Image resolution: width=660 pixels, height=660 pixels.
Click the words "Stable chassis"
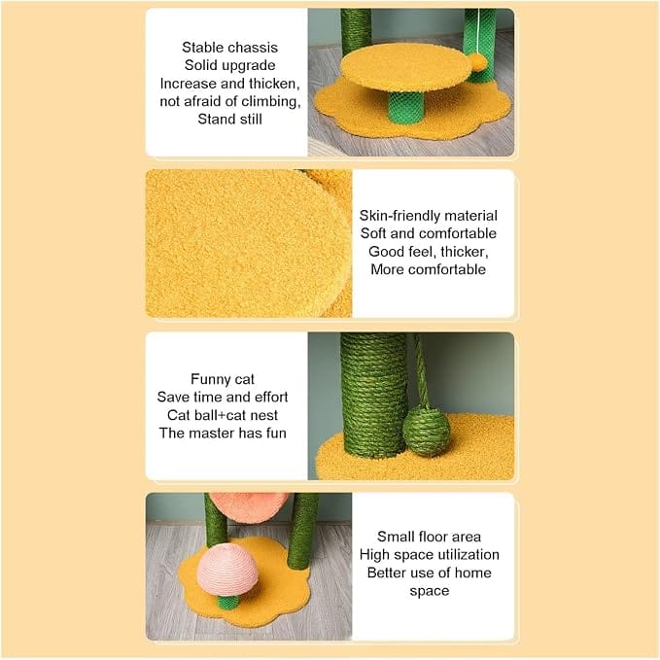pos(229,48)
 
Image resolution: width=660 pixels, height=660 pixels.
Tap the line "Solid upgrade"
pos(229,66)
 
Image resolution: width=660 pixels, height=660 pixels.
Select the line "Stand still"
pos(229,120)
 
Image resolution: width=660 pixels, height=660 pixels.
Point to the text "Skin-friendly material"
pos(428,216)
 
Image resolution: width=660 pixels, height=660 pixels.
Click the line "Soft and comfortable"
pos(428,233)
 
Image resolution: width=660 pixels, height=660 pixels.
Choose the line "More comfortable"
pos(428,269)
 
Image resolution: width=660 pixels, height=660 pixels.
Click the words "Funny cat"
pos(223,379)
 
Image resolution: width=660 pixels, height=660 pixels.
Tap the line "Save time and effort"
pos(223,397)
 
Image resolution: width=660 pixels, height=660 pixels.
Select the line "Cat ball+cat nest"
pos(223,415)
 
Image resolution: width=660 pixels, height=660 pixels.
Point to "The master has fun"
pos(223,434)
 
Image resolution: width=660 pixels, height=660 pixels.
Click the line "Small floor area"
pos(429,537)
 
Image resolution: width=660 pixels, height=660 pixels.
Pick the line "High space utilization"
pos(429,555)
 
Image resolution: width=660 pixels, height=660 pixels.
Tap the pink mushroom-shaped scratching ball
pos(227,569)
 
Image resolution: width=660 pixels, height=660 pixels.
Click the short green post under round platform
pos(405,108)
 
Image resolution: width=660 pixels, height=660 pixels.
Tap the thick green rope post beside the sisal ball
pos(372,395)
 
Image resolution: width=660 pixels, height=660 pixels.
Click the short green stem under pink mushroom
pos(228,603)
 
